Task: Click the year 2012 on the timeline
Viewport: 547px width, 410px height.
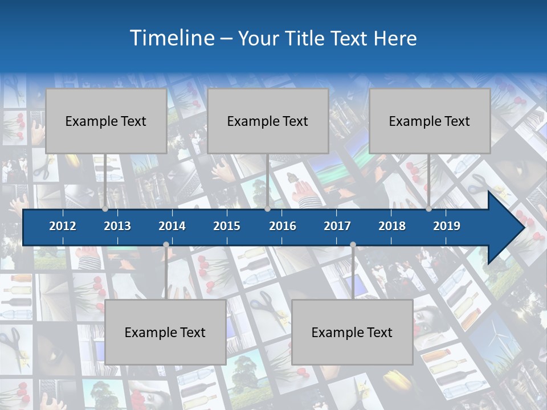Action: point(63,226)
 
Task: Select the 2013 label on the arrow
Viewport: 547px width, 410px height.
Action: point(117,226)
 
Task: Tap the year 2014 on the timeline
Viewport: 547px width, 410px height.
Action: point(172,226)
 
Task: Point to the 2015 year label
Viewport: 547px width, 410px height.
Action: point(227,226)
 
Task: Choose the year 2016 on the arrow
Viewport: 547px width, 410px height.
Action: point(283,226)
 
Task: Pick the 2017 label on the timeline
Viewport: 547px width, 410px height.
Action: point(337,226)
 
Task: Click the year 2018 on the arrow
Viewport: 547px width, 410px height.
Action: point(392,226)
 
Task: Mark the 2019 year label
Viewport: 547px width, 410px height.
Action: point(447,226)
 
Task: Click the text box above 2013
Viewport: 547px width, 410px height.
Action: point(106,121)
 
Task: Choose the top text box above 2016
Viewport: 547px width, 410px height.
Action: point(268,121)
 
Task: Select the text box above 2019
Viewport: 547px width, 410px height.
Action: point(430,121)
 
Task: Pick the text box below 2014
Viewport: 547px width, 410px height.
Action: point(165,332)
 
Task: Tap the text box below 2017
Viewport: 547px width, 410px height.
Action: point(352,332)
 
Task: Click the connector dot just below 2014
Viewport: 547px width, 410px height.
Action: point(166,245)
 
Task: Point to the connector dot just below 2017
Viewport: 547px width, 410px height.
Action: point(353,245)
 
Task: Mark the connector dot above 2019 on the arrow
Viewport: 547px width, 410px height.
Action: point(428,209)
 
